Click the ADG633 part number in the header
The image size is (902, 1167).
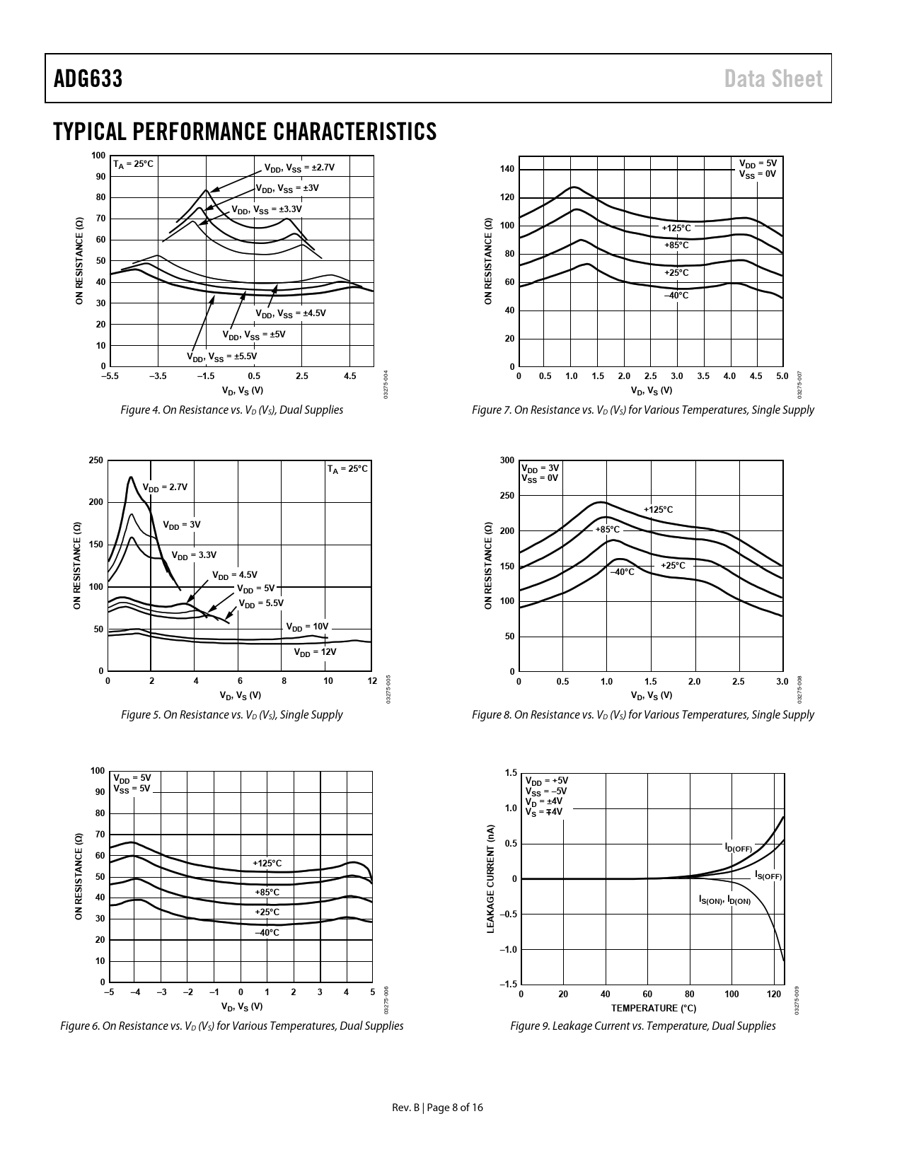pyautogui.click(x=88, y=79)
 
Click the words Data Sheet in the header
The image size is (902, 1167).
pyautogui.click(x=773, y=79)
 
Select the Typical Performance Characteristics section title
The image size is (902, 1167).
pyautogui.click(x=245, y=132)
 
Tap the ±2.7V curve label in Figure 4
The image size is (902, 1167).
pyautogui.click(x=299, y=168)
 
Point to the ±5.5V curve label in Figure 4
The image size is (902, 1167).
pyautogui.click(x=221, y=356)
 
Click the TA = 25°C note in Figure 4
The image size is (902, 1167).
pyautogui.click(x=133, y=164)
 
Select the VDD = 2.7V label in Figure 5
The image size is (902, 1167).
pyautogui.click(x=165, y=487)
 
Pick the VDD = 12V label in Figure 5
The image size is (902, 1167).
pyautogui.click(x=315, y=652)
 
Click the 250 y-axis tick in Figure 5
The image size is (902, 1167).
pyautogui.click(x=96, y=460)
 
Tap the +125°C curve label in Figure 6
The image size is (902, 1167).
pyautogui.click(x=267, y=863)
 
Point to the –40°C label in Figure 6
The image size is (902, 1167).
pyautogui.click(x=267, y=933)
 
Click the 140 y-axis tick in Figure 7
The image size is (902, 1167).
pyautogui.click(x=507, y=169)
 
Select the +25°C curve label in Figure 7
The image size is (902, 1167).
pyautogui.click(x=676, y=272)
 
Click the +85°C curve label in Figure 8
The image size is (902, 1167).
pyautogui.click(x=607, y=529)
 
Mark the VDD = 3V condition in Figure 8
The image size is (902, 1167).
pyautogui.click(x=540, y=468)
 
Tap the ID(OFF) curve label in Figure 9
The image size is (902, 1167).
pyautogui.click(x=738, y=847)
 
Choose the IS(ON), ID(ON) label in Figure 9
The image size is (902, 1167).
pyautogui.click(x=724, y=900)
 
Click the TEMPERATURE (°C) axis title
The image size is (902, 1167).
pyautogui.click(x=653, y=1008)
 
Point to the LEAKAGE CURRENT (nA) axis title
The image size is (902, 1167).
pyautogui.click(x=491, y=878)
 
